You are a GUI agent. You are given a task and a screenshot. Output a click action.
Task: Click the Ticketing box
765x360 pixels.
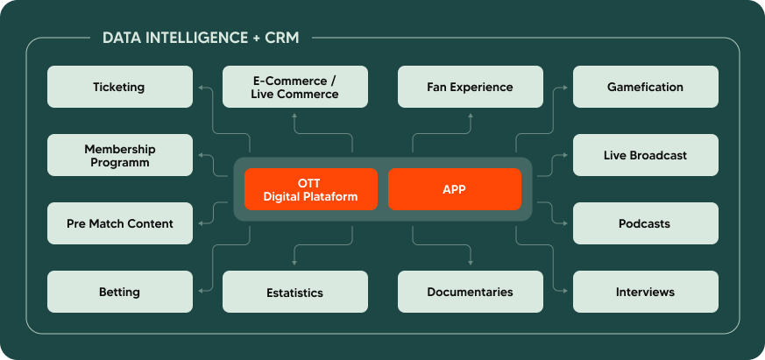coord(119,87)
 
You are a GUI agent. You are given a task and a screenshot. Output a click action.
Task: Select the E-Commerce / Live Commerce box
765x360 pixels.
coord(294,87)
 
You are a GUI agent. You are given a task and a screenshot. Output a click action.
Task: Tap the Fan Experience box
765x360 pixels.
coord(470,87)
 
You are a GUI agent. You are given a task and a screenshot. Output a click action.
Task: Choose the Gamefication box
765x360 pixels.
coord(645,87)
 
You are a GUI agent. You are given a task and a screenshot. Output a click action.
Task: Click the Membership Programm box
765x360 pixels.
coord(119,155)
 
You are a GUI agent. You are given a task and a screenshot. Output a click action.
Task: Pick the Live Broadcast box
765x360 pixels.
coord(645,155)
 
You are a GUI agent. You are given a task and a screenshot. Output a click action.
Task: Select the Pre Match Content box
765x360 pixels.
coord(119,223)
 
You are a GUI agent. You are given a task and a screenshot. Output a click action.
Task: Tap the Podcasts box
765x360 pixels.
coord(645,223)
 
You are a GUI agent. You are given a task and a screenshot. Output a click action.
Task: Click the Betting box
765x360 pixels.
coord(119,292)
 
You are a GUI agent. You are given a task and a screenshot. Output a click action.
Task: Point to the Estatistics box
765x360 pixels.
coord(294,292)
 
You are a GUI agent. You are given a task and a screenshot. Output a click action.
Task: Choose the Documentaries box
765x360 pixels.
coord(470,292)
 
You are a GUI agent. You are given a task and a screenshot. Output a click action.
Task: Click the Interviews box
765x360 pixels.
coord(645,292)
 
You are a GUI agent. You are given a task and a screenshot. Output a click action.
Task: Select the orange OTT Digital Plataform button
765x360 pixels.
coord(311,189)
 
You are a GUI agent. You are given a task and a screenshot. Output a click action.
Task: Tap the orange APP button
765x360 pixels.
coord(454,189)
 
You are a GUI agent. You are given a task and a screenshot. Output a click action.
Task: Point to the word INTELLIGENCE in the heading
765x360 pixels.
coord(188,38)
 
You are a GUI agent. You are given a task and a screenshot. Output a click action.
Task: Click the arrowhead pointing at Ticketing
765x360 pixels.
coord(201,88)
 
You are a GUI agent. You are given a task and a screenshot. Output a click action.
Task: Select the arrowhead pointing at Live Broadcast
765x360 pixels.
coord(565,155)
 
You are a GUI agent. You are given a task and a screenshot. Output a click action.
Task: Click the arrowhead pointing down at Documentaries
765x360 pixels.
coord(471,262)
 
